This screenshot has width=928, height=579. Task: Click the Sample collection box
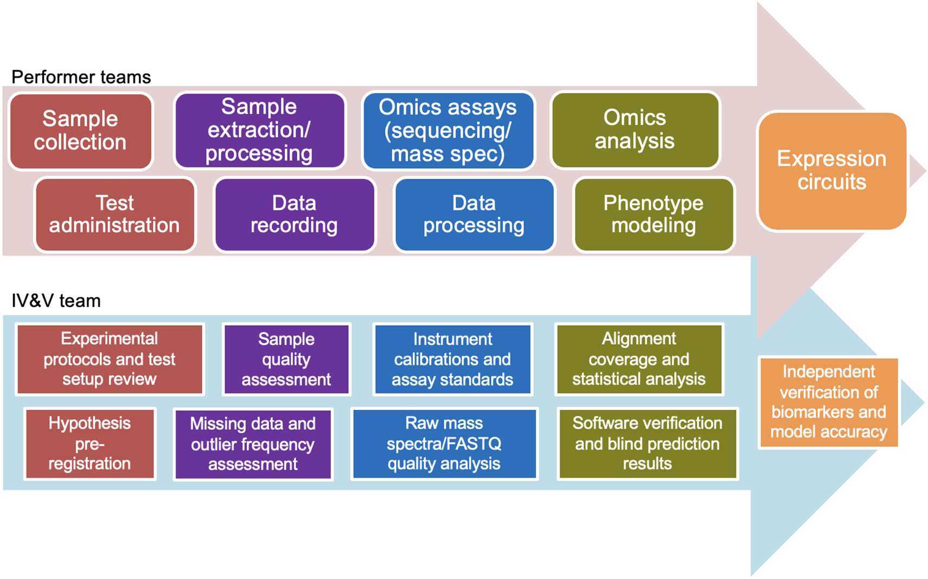(81, 131)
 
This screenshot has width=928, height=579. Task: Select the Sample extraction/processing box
(259, 130)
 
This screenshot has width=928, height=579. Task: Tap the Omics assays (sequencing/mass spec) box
(448, 131)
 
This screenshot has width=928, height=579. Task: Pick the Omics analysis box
(635, 130)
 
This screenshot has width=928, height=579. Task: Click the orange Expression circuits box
(832, 171)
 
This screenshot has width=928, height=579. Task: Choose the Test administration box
(115, 215)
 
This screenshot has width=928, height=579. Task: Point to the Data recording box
(295, 215)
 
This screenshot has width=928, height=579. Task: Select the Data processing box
(475, 215)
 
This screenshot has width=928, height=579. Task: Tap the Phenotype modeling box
(654, 215)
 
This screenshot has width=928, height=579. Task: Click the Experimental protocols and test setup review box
(110, 359)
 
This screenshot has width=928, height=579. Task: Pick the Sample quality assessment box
(286, 359)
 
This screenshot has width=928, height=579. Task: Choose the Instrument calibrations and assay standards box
(452, 359)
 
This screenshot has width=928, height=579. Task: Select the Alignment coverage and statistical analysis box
(639, 359)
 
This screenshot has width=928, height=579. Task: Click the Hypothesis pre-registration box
(90, 444)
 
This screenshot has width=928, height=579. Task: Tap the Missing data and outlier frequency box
(253, 444)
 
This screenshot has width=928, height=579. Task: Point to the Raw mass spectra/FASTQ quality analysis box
(444, 444)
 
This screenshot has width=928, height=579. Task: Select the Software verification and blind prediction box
(647, 444)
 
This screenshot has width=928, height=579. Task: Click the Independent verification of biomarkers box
(828, 402)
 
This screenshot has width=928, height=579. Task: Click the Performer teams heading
(81, 77)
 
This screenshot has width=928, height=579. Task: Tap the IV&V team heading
(56, 301)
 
